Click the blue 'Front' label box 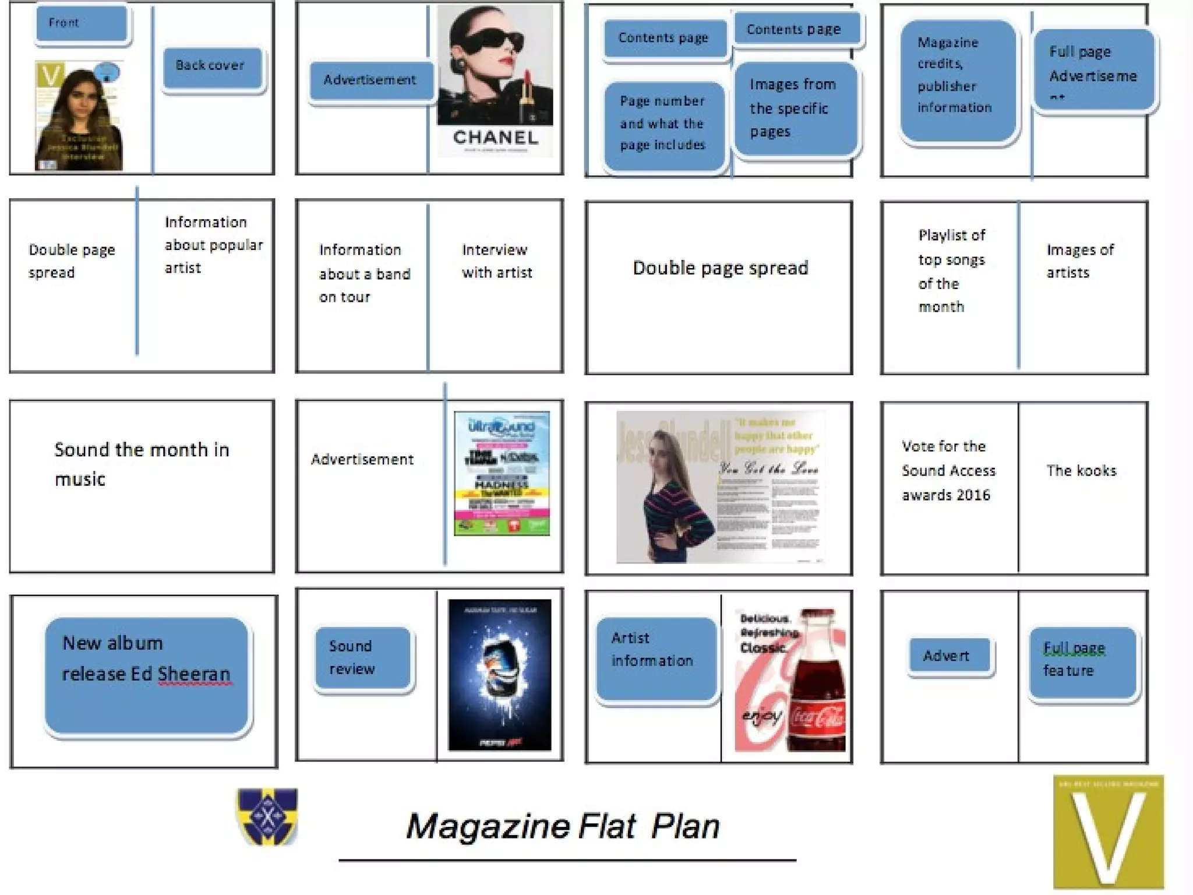[x=82, y=23]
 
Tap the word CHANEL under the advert [x=495, y=138]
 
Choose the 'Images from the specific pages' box [x=795, y=109]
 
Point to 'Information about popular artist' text [x=213, y=245]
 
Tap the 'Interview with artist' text [x=496, y=261]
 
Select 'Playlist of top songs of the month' [x=951, y=271]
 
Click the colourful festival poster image [x=502, y=473]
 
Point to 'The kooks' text [x=1081, y=471]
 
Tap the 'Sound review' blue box [x=363, y=658]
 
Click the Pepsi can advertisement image [x=500, y=675]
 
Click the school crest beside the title [x=267, y=816]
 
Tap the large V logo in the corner [x=1108, y=832]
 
